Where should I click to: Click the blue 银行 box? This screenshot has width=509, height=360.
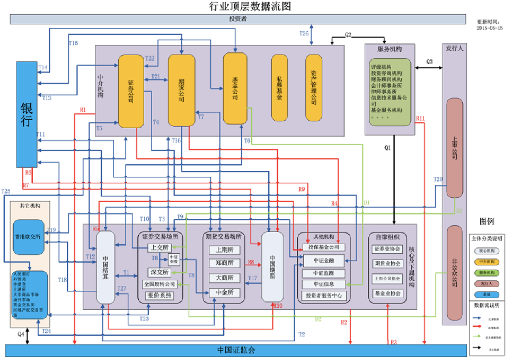tap(26, 114)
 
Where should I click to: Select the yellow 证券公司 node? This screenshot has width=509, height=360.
tap(131, 91)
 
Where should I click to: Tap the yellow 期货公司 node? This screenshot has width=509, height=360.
tap(181, 90)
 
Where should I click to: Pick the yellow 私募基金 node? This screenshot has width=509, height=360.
tap(279, 88)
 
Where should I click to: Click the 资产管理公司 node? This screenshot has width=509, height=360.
tap(313, 88)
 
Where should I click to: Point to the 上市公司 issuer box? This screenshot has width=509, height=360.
tap(454, 148)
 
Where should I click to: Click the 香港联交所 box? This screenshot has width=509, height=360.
tap(28, 237)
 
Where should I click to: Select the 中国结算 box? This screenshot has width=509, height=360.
tap(106, 267)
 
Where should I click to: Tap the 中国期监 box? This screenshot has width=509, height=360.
tap(272, 267)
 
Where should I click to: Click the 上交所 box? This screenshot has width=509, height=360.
tap(159, 247)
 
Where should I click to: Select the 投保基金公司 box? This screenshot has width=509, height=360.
tap(324, 247)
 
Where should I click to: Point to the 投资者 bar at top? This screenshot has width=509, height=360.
tap(237, 19)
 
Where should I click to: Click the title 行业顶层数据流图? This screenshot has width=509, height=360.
tap(250, 6)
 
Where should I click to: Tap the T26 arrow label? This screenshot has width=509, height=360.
tap(304, 33)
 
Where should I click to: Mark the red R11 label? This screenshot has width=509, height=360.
tap(420, 118)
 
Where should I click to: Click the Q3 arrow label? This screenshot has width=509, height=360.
tap(429, 62)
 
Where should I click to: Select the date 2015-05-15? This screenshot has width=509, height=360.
tap(490, 28)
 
